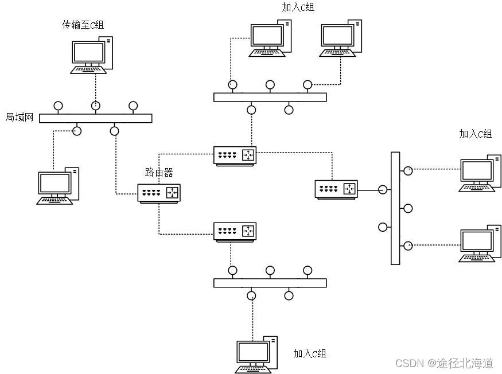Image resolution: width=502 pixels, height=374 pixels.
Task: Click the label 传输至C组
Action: pyautogui.click(x=83, y=25)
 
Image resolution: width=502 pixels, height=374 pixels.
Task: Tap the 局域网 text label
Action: pyautogui.click(x=20, y=118)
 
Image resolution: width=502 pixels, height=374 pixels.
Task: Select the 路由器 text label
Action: pyautogui.click(x=159, y=172)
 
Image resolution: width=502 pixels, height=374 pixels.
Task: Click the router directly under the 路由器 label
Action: pyautogui.click(x=159, y=193)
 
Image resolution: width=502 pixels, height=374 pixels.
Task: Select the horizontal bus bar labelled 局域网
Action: pyautogui.click(x=95, y=118)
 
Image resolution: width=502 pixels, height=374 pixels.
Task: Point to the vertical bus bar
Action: pyautogui.click(x=395, y=208)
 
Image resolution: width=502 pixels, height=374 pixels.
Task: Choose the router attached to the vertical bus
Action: pyautogui.click(x=337, y=189)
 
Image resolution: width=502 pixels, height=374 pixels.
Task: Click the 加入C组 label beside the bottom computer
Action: pyautogui.click(x=310, y=353)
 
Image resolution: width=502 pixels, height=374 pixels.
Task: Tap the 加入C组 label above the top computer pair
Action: pyautogui.click(x=298, y=7)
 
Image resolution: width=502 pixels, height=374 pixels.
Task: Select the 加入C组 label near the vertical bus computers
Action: pyautogui.click(x=476, y=134)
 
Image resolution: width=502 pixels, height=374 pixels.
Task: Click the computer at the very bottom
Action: pyautogui.click(x=257, y=354)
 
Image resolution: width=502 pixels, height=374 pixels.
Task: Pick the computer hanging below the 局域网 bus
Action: pyautogui.click(x=58, y=185)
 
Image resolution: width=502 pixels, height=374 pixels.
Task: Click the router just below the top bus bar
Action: pyautogui.click(x=235, y=156)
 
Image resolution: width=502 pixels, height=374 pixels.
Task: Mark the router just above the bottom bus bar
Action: pyautogui.click(x=235, y=231)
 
